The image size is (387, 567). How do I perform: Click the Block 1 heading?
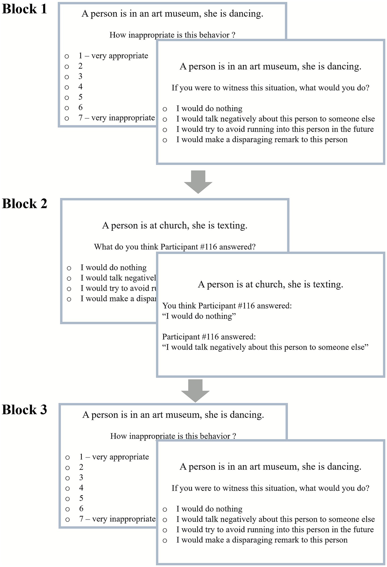[24, 9]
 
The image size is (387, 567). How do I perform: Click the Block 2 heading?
[24, 204]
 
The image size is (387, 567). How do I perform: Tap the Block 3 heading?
[24, 410]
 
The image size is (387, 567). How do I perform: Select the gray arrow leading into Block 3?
[195, 391]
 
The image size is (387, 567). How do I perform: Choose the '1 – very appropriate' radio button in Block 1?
[67, 56]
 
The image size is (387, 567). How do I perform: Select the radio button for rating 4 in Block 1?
[67, 87]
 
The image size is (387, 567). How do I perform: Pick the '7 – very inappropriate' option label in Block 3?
[117, 519]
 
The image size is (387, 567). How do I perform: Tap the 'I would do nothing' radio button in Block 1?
[165, 109]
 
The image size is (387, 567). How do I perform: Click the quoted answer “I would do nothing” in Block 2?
[199, 316]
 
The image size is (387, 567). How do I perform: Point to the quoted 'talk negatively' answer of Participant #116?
[265, 347]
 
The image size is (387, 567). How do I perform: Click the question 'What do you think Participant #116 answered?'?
[175, 246]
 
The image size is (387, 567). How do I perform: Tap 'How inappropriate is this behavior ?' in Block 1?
[172, 35]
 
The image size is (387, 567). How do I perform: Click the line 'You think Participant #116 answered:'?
[227, 306]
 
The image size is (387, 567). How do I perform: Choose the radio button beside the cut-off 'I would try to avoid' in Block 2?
[69, 289]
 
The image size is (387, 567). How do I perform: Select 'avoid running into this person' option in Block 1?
[275, 129]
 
